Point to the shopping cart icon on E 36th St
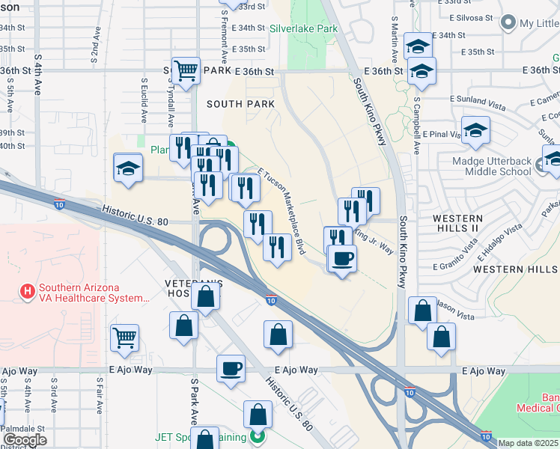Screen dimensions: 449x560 tap(186, 71)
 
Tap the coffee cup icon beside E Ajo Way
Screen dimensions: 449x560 tap(231, 368)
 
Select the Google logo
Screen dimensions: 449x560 tap(24, 440)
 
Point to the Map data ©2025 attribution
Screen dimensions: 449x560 tap(527, 443)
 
